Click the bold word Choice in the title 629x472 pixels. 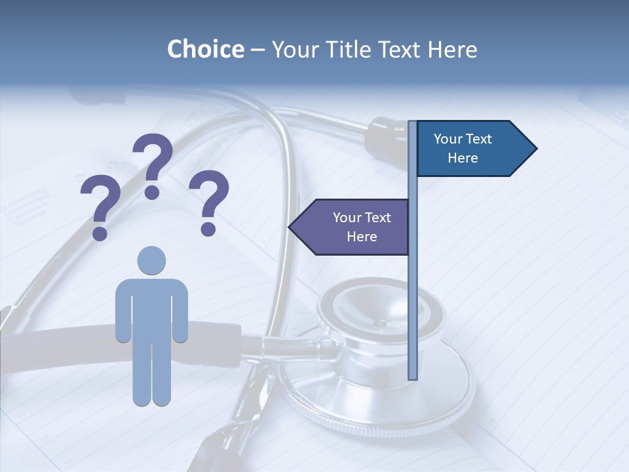206,49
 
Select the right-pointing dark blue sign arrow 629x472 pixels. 472,148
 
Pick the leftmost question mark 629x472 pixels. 100,203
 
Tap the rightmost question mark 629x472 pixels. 209,200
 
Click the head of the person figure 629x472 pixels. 151,260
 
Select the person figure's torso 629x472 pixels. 151,308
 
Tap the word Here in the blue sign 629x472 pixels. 463,158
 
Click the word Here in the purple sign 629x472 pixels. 362,237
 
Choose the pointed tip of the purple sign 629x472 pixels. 291,227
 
